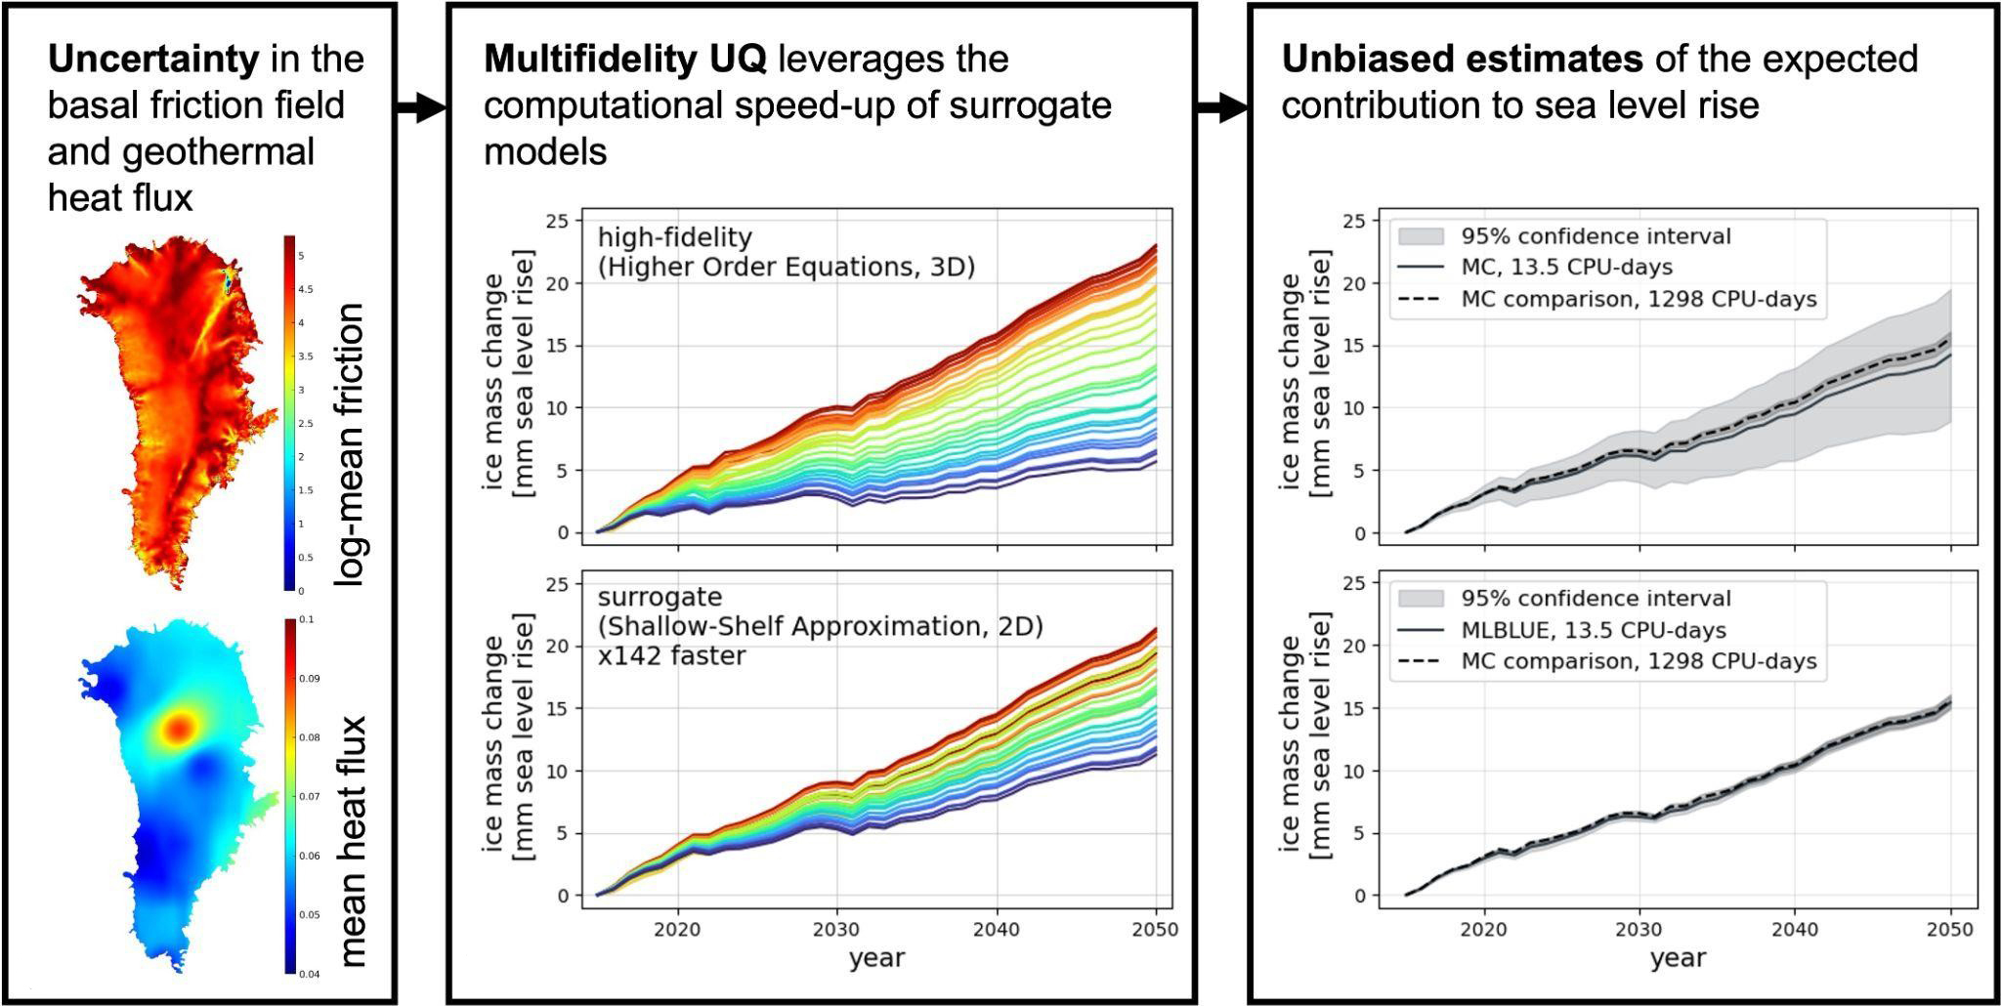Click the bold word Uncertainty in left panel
tap(152, 60)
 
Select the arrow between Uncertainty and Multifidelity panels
tap(420, 108)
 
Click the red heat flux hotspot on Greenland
tap(180, 727)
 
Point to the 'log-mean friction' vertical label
tap(349, 444)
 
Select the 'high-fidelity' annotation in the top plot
tap(674, 237)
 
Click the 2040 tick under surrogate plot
tap(997, 930)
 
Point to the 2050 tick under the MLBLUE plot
tap(1951, 930)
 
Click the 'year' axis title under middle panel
tap(876, 959)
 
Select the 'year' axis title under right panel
tap(1678, 959)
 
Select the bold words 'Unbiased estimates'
tap(1461, 60)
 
